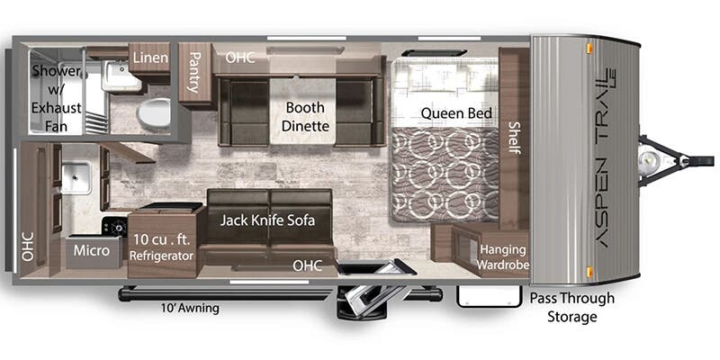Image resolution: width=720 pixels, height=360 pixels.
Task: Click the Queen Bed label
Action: pos(456,113)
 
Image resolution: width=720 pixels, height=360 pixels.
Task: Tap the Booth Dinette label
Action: pos(305,116)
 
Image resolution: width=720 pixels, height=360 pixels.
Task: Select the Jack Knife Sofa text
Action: pos(267,220)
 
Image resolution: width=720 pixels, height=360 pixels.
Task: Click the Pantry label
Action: pos(195,72)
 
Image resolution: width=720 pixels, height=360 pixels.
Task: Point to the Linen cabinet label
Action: pos(150,58)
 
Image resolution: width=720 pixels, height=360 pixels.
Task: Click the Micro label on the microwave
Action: pos(92,250)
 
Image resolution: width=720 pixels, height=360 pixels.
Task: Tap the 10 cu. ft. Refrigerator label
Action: pos(161,247)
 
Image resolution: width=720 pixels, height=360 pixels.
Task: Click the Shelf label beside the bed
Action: pos(514,138)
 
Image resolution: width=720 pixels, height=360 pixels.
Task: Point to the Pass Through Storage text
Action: pos(571,307)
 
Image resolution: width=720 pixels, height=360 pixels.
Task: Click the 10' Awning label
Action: pos(190,308)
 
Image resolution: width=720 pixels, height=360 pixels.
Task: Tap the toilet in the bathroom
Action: pos(154,112)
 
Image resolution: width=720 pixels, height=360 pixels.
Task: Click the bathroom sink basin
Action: pos(120,76)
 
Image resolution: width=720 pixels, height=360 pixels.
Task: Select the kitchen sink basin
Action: pos(76,177)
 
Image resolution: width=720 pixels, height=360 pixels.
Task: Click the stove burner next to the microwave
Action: pos(114,227)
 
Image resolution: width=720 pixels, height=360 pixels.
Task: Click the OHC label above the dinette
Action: pos(240,58)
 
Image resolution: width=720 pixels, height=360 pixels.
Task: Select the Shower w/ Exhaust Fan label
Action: pos(57,98)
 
